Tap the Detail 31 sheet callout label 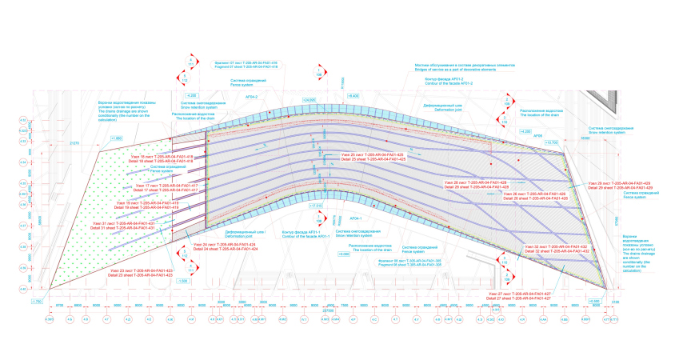pos(125,228)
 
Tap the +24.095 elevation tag pos(309,99)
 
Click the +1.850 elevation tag pos(117,138)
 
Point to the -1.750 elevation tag pos(36,301)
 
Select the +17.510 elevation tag pos(314,206)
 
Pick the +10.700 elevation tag pos(572,142)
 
